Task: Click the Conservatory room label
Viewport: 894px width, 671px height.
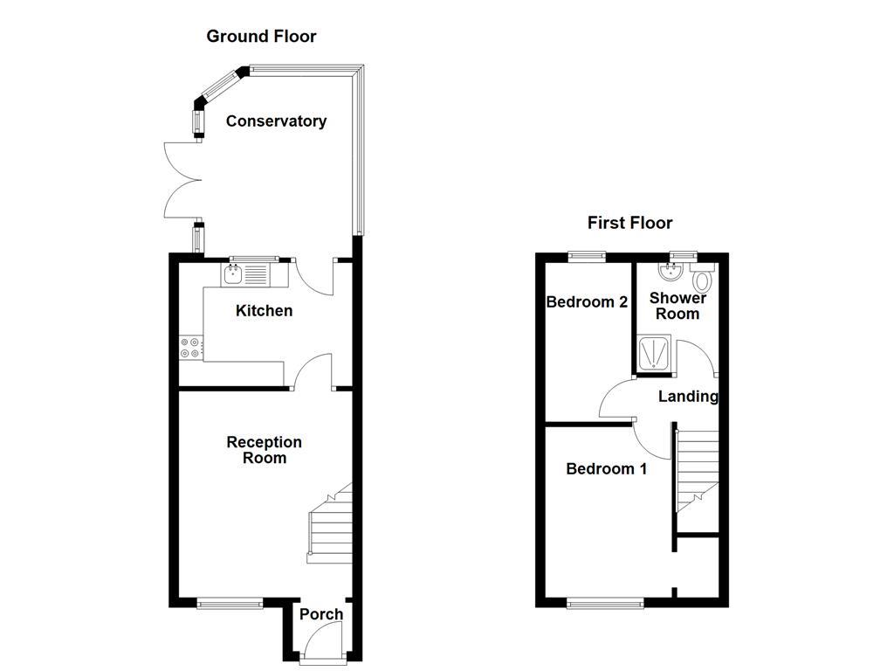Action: click(x=276, y=121)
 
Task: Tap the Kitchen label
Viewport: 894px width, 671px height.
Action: click(x=264, y=311)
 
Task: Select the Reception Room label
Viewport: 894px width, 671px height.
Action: click(x=264, y=450)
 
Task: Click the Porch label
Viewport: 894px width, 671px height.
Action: click(x=321, y=614)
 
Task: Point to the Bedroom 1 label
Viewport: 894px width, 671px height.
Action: click(x=607, y=469)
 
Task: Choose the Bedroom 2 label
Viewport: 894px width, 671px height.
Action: click(x=587, y=302)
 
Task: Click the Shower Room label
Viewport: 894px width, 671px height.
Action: click(x=677, y=306)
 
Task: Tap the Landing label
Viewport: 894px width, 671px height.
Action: click(x=688, y=397)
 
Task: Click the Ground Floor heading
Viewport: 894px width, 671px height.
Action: click(x=261, y=37)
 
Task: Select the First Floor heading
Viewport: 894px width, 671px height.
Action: click(x=629, y=223)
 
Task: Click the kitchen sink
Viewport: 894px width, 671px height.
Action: click(x=234, y=275)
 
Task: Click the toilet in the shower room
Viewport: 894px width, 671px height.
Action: click(x=704, y=281)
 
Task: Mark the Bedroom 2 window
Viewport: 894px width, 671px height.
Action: click(x=586, y=256)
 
